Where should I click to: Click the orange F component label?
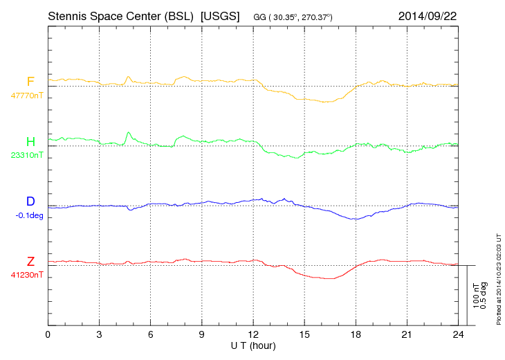pyautogui.click(x=30, y=82)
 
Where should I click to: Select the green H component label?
pyautogui.click(x=30, y=142)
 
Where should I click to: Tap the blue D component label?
pyautogui.click(x=30, y=201)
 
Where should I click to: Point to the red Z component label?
pyautogui.click(x=30, y=261)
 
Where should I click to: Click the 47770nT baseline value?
pyautogui.click(x=27, y=96)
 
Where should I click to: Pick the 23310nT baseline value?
pyautogui.click(x=27, y=155)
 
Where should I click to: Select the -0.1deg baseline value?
pyautogui.click(x=29, y=215)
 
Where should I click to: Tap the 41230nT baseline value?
pyautogui.click(x=27, y=275)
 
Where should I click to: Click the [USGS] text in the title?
pyautogui.click(x=219, y=15)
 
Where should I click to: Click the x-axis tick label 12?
pyautogui.click(x=252, y=335)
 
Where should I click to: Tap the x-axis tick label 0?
pyautogui.click(x=48, y=335)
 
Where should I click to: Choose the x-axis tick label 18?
pyautogui.click(x=356, y=335)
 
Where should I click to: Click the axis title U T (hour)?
pyautogui.click(x=254, y=345)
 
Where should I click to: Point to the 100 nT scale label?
pyautogui.click(x=477, y=296)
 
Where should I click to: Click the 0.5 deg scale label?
pyautogui.click(x=484, y=296)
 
